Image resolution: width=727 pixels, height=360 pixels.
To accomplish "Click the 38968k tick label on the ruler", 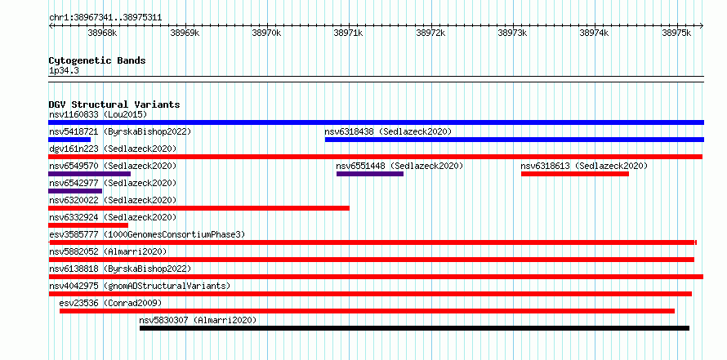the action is click(102, 33).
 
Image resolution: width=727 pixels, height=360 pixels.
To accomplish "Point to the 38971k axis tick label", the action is click(348, 33).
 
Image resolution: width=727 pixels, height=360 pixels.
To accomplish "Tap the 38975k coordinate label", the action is click(676, 33).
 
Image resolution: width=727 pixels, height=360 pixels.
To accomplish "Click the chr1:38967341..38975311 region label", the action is click(105, 18).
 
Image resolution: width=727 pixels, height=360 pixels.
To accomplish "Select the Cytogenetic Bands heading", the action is click(97, 60).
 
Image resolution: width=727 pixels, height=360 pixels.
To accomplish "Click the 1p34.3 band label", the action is click(64, 71).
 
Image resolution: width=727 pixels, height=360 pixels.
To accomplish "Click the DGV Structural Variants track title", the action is click(114, 104).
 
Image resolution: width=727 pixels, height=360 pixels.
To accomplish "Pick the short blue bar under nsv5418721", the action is click(69, 140).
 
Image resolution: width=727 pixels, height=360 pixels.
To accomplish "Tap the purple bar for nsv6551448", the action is click(370, 174).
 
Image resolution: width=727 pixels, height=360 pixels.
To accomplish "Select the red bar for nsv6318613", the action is click(575, 174).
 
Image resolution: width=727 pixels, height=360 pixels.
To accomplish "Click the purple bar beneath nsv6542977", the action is click(75, 191).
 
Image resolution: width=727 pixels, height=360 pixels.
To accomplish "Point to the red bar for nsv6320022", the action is click(199, 208).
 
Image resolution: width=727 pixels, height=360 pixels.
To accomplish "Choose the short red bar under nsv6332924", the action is click(88, 225).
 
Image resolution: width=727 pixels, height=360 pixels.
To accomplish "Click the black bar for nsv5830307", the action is click(414, 328).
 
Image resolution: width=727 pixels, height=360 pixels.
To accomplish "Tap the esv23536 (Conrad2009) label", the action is click(110, 303).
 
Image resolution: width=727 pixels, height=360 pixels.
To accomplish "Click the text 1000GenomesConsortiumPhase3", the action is click(174, 234).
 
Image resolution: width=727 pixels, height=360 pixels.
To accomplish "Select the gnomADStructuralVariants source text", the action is click(167, 286).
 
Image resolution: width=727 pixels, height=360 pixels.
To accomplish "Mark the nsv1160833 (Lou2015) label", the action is click(98, 114).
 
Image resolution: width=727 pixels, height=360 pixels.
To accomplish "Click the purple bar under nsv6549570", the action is click(90, 174).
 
